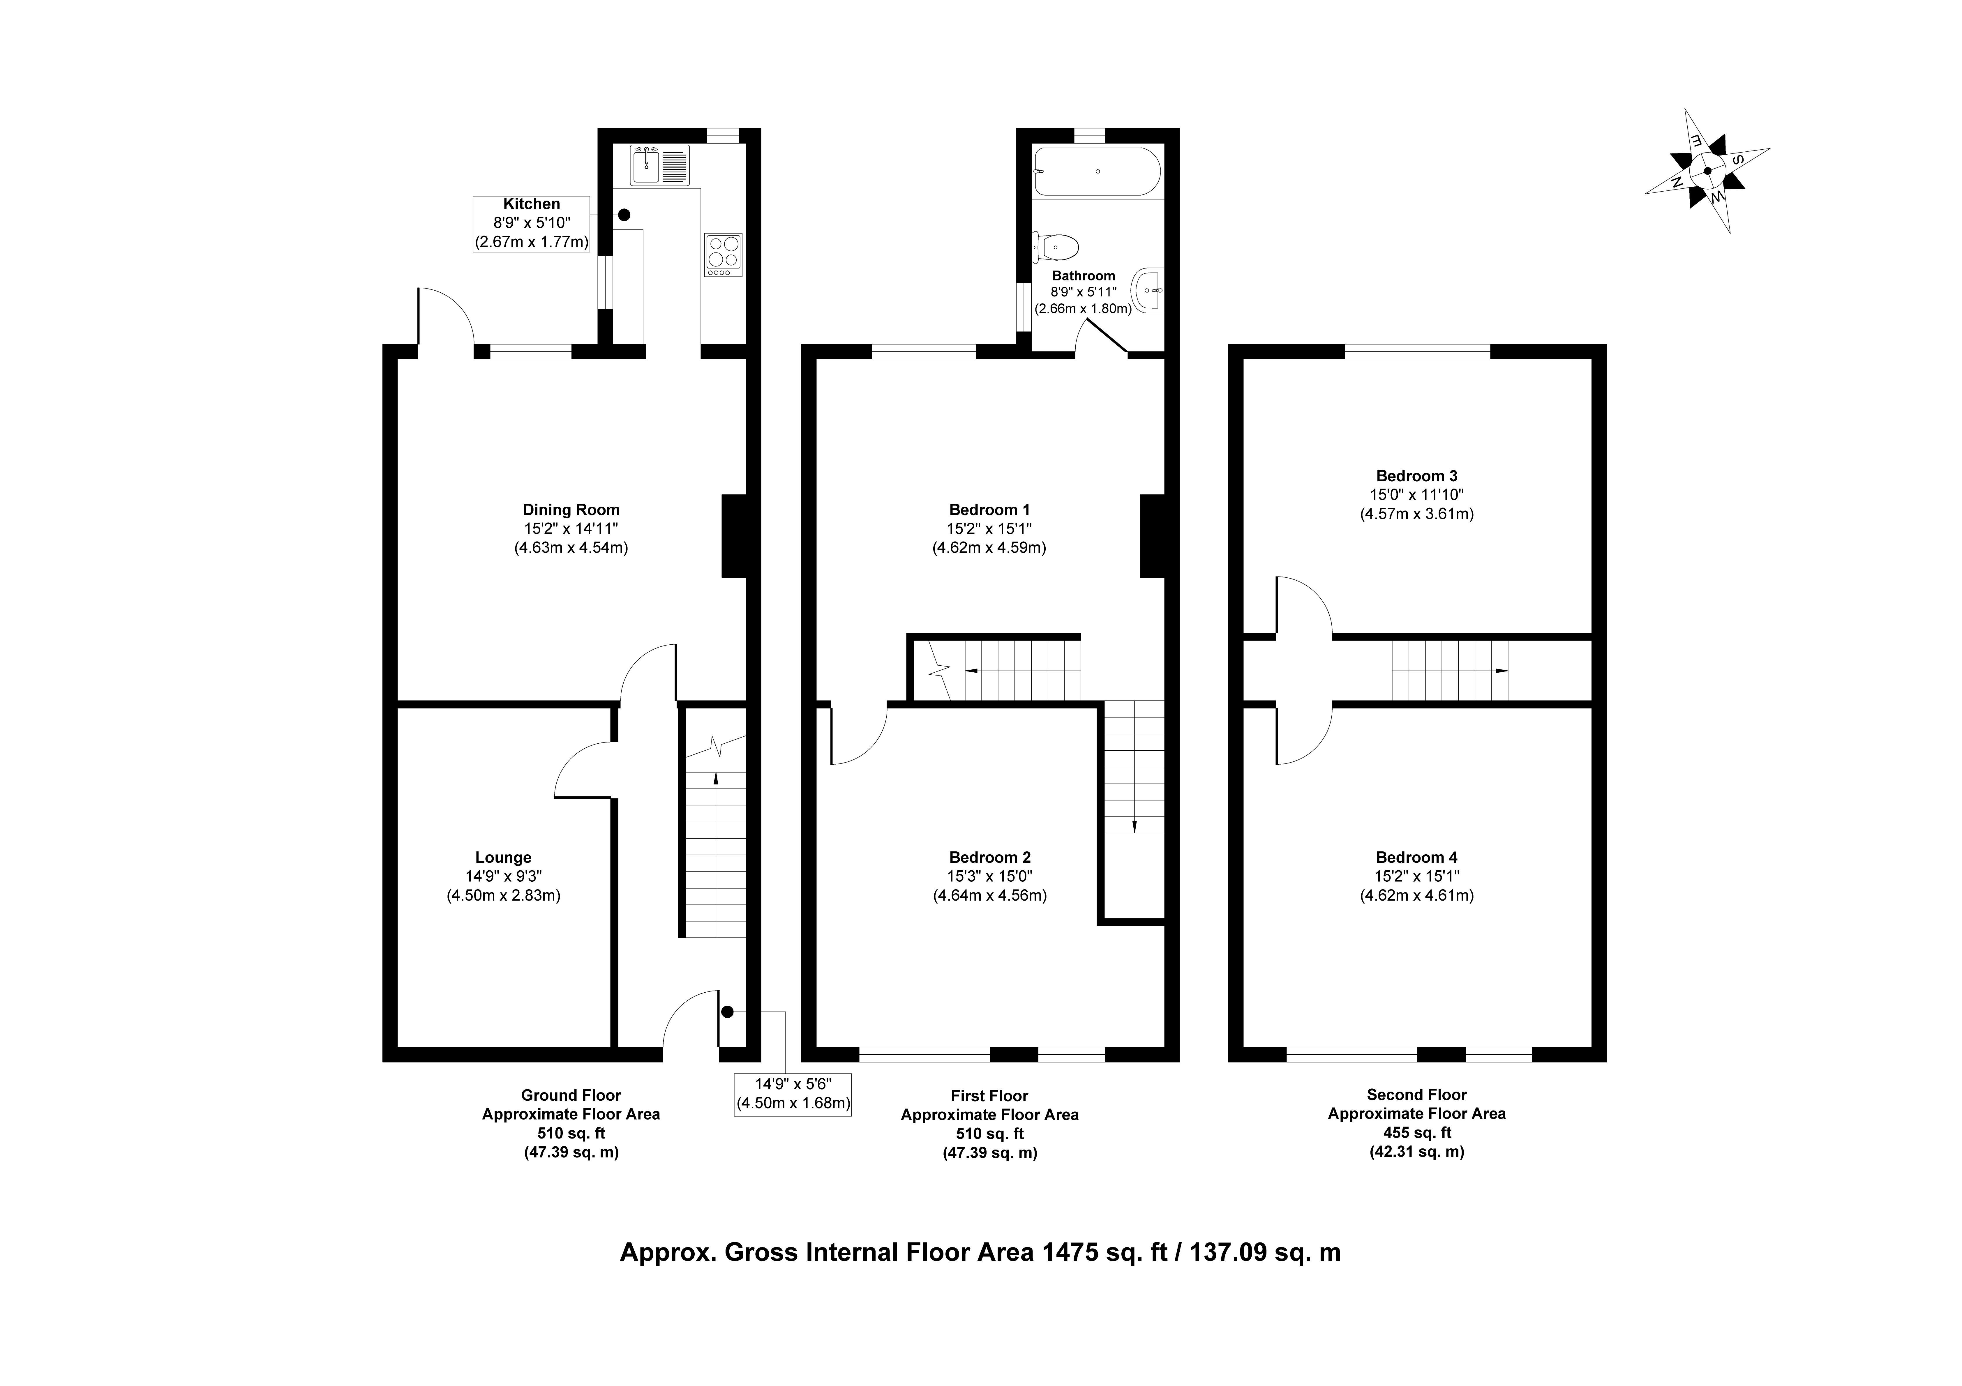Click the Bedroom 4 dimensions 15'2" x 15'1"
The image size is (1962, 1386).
point(1417,876)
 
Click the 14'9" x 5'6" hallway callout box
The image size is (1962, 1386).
point(793,1095)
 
